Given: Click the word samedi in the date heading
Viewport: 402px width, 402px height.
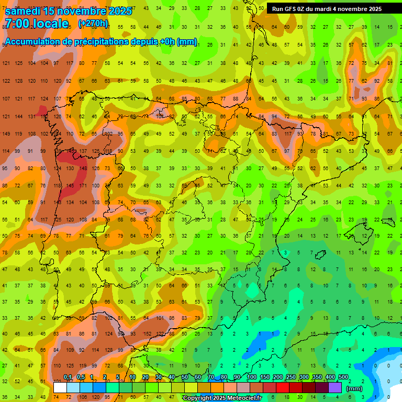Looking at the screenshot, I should click(x=26, y=11).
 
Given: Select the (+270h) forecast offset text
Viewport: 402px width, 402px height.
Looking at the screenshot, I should click(x=93, y=24).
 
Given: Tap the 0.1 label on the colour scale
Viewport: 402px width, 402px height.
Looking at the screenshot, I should click(x=68, y=377).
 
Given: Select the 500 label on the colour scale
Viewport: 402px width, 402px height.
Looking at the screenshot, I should click(x=343, y=377).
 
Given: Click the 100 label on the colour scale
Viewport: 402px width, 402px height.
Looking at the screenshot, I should click(x=251, y=377).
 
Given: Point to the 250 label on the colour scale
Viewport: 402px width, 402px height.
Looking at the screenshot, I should click(x=291, y=377).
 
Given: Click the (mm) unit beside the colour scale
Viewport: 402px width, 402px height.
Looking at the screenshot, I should click(x=354, y=388).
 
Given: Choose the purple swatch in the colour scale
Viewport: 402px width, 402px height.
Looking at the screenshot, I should click(x=335, y=387).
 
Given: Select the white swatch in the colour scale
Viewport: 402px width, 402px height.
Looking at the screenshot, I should click(x=60, y=387).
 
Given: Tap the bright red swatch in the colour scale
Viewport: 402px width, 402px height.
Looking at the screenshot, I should click(x=283, y=387).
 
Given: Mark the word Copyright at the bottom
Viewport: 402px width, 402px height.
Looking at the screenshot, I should click(x=197, y=398).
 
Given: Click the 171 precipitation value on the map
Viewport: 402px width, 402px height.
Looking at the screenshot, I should click(x=82, y=186).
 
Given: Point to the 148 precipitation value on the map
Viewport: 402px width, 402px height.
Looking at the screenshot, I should click(x=82, y=169).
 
